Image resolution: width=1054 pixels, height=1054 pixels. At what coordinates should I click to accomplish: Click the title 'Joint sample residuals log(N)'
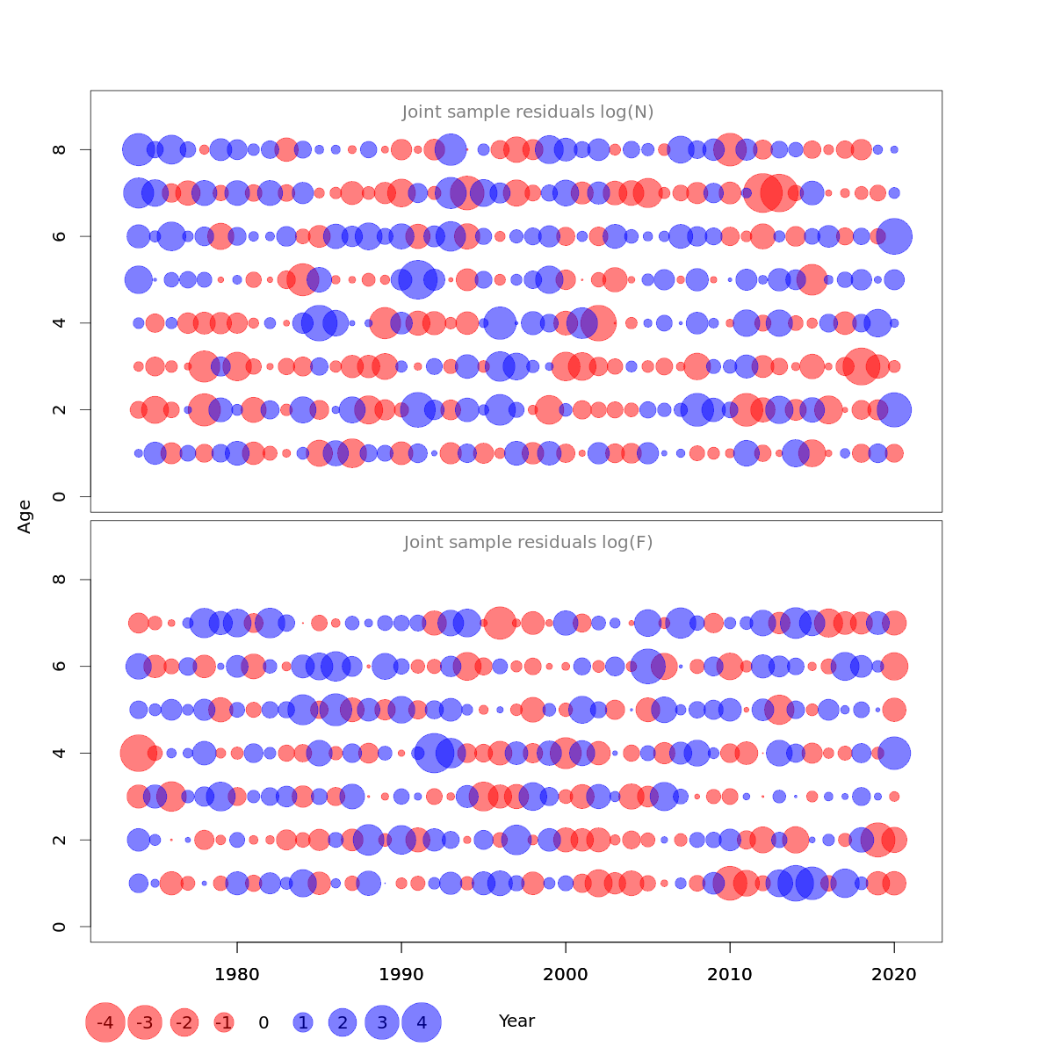coord(528,112)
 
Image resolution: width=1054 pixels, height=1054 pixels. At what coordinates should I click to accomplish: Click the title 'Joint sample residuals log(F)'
coord(528,542)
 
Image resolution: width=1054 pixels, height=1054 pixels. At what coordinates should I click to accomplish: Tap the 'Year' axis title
coord(516,1021)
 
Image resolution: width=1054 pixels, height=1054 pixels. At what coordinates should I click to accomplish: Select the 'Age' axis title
coord(25,516)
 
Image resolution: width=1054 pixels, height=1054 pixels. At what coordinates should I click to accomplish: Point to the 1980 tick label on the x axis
coord(237,974)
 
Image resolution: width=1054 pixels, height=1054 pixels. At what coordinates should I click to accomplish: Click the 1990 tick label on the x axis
coord(401,974)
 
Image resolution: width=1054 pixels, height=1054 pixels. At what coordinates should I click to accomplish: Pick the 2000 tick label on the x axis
coord(566,974)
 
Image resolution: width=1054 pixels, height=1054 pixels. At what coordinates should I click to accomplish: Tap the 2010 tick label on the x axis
coord(730,974)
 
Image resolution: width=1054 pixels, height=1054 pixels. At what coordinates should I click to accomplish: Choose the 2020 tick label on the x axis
coord(894,974)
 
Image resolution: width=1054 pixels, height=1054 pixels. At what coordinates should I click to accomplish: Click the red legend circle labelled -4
coord(105,1022)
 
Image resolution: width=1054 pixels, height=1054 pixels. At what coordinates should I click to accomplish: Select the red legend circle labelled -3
coord(146,1022)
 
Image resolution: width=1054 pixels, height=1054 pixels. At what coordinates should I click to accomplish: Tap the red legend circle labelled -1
coord(224,1022)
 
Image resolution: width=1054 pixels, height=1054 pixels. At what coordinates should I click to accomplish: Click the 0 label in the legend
coord(263,1022)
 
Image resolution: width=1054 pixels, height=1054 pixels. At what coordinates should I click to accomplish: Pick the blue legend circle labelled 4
coord(422,1022)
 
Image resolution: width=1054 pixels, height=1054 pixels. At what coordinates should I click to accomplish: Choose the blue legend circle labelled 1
coord(303,1022)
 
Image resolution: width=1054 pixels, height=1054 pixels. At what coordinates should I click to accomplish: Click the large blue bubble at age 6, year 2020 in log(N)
coord(894,236)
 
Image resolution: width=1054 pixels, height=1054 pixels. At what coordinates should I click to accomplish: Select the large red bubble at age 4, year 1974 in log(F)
coord(138,753)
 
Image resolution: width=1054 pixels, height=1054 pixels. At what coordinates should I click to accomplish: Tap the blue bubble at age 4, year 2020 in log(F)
coord(894,753)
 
